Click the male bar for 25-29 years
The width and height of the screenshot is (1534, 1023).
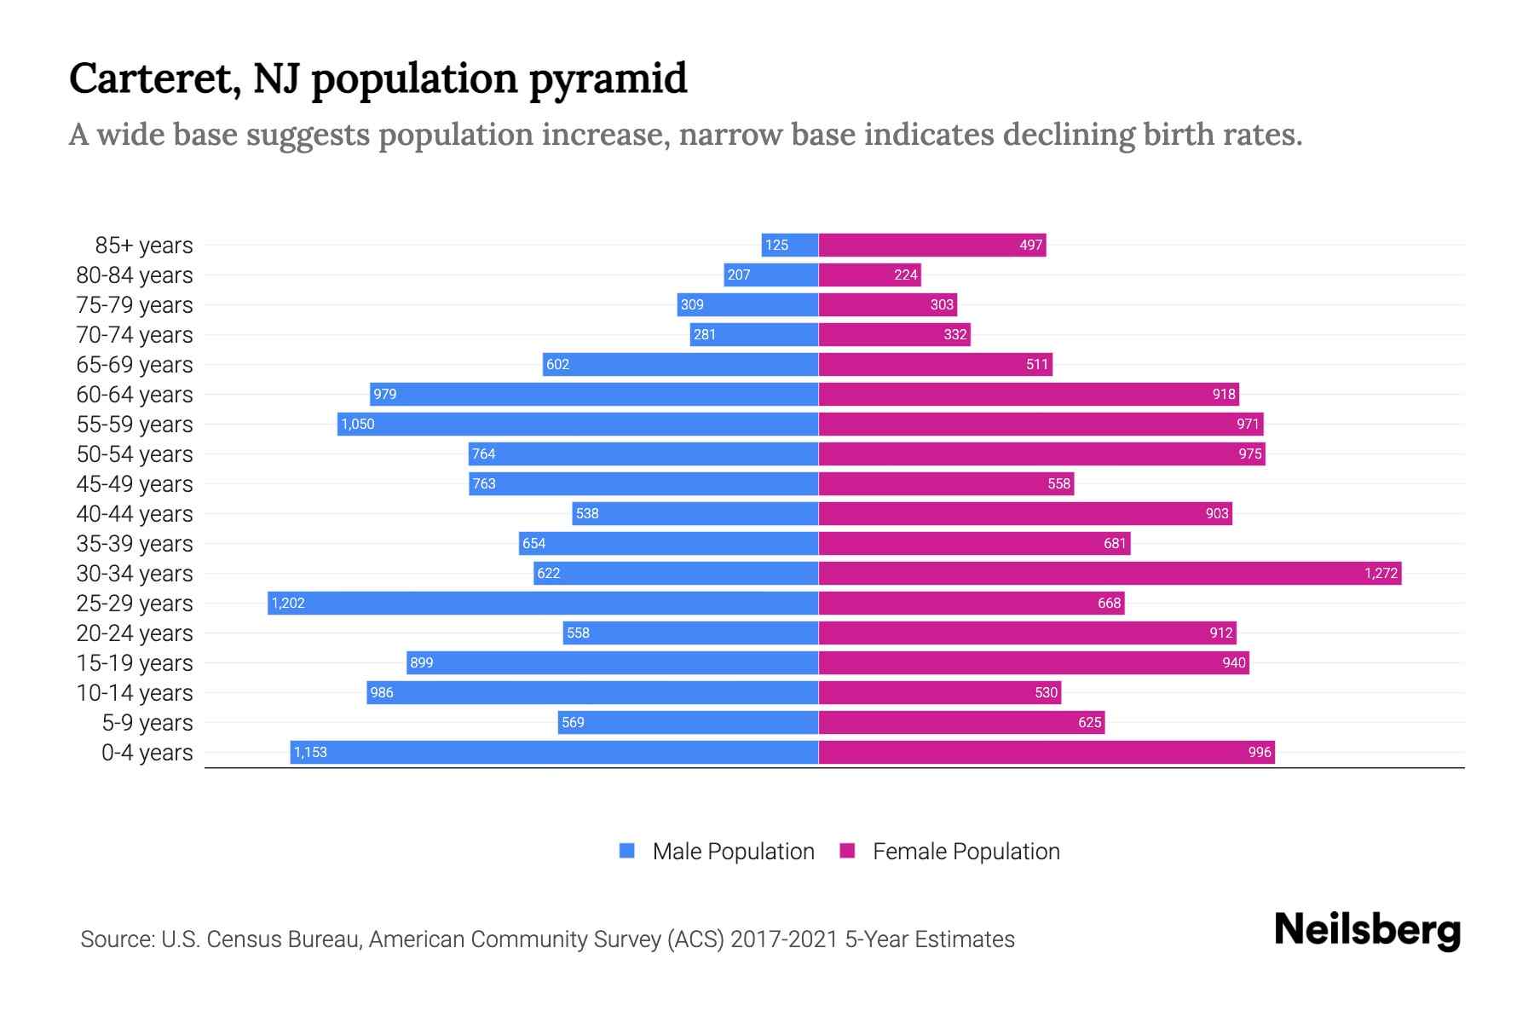pos(543,603)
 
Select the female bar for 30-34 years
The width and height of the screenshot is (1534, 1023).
pos(1110,573)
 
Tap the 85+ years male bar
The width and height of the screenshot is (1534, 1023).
pos(790,245)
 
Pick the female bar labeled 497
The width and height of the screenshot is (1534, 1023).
pos(932,245)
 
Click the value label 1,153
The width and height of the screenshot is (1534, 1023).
pos(310,753)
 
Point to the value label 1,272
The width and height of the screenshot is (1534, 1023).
pos(1381,574)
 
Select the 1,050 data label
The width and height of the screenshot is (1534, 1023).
pos(357,425)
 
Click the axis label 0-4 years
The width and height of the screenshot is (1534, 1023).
pos(147,753)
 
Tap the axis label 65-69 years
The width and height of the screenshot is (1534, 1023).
pos(135,365)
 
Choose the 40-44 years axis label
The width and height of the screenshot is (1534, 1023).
pos(135,514)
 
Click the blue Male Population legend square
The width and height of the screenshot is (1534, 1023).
pos(627,851)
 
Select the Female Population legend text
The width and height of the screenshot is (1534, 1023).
pos(966,852)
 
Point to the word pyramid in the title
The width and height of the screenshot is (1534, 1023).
pos(608,79)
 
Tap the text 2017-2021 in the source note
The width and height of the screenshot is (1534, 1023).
pos(784,939)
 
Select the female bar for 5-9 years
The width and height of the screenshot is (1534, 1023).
pos(961,722)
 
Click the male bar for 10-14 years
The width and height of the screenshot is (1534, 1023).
pos(592,692)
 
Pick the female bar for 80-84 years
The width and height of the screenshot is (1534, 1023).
pos(869,275)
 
